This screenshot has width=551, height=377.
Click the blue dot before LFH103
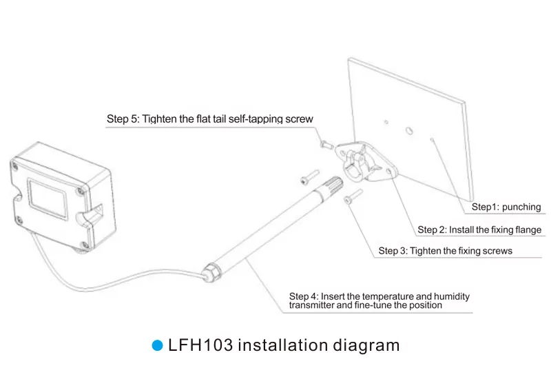pyautogui.click(x=156, y=345)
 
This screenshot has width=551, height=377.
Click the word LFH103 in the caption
pyautogui.click(x=200, y=345)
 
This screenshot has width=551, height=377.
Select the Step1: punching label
pyautogui.click(x=506, y=207)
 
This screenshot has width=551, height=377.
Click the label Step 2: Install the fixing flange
pyautogui.click(x=479, y=230)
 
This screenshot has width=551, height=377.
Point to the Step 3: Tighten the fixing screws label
pyautogui.click(x=445, y=251)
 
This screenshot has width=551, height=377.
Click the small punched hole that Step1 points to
pyautogui.click(x=431, y=139)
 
